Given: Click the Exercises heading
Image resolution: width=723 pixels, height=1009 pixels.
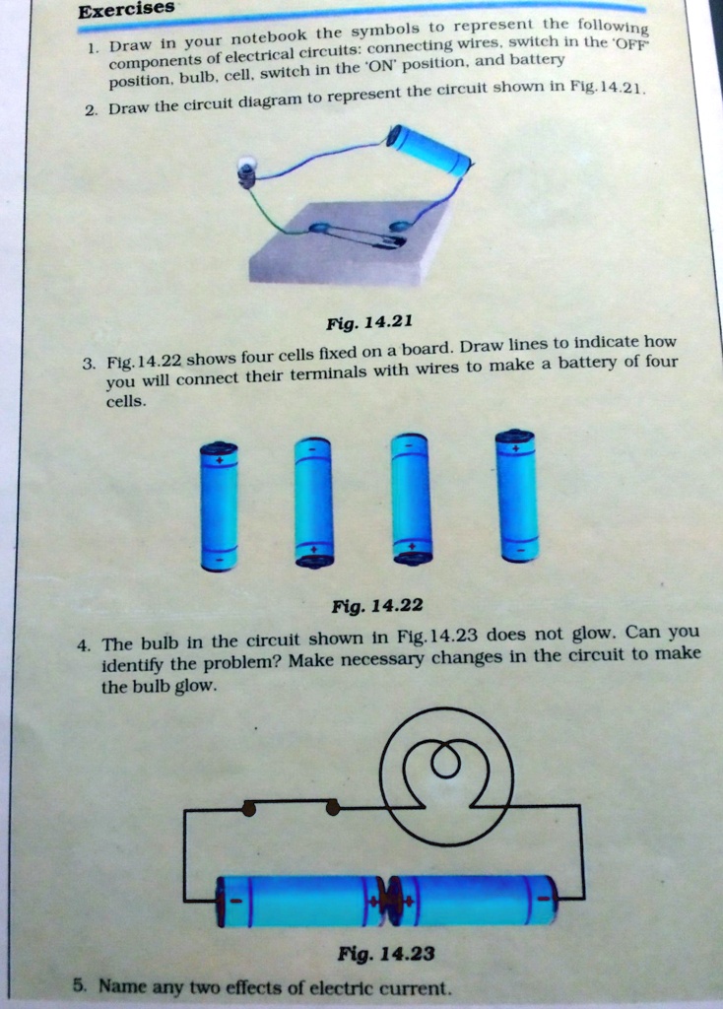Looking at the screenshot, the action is click(x=126, y=10).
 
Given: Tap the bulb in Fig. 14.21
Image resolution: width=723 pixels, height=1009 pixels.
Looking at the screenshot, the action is click(x=246, y=171).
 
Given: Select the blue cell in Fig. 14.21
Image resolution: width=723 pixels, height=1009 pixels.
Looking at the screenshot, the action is click(x=428, y=150).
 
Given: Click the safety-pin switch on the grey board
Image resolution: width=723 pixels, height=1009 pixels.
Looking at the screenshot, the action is click(x=360, y=234).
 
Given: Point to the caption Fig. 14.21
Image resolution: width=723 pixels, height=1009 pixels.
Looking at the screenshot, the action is click(x=369, y=322).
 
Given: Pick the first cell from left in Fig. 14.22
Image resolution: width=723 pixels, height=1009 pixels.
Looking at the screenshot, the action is click(x=219, y=506).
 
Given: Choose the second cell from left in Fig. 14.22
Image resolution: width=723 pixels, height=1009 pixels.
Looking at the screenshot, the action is click(x=313, y=502).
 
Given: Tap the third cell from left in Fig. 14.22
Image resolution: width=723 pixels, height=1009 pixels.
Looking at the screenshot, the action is click(x=411, y=498).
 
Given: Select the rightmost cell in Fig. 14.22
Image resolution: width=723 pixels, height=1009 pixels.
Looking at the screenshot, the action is click(x=516, y=495).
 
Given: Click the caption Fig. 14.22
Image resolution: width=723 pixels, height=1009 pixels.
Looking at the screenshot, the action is click(x=377, y=606).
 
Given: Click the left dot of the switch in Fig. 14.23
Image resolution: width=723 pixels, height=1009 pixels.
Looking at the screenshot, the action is click(x=249, y=808).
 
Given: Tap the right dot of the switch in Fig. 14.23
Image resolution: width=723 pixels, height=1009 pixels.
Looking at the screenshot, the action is click(x=333, y=808).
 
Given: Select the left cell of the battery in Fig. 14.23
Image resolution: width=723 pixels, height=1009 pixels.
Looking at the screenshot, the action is click(x=302, y=901).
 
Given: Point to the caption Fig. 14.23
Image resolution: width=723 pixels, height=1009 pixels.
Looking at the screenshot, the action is click(x=386, y=953).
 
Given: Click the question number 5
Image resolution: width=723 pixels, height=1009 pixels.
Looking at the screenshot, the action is click(x=79, y=984).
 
